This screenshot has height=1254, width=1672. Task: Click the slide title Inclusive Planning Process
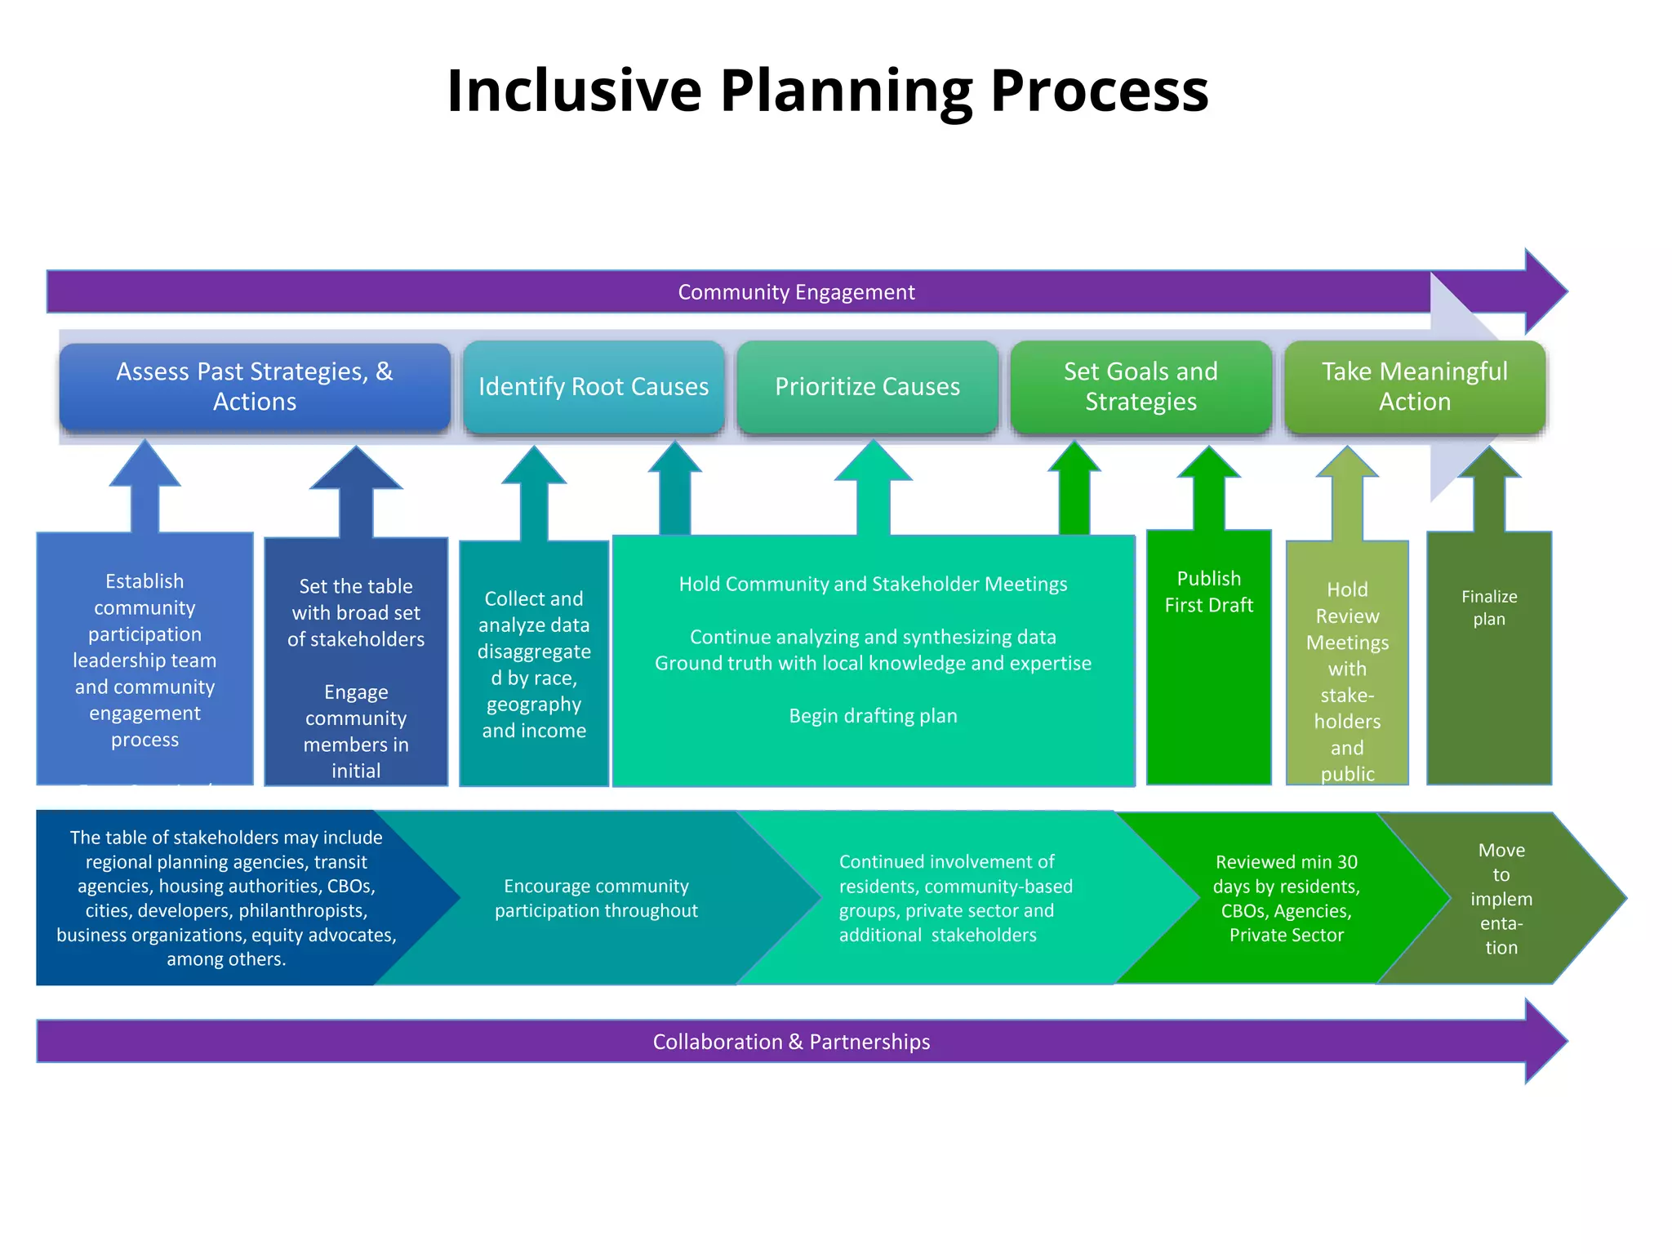point(827,90)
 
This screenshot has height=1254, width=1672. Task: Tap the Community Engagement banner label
point(796,292)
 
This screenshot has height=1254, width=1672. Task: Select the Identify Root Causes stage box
point(594,386)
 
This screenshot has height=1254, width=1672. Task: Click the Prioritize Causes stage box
point(867,386)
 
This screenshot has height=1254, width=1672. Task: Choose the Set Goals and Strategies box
point(1141,386)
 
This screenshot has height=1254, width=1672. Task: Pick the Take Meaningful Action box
point(1415,386)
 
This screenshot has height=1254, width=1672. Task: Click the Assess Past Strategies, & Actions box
point(255,386)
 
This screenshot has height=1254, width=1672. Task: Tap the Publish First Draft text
point(1208,592)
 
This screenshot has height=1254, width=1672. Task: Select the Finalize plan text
point(1489,607)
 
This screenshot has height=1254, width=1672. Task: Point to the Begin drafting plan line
point(873,716)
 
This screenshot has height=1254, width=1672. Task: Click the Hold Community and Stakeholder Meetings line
point(873,584)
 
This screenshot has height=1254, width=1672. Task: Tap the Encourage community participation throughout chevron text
point(596,898)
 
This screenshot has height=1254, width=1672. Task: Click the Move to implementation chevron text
point(1501,898)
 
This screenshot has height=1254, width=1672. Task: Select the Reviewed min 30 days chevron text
point(1286,898)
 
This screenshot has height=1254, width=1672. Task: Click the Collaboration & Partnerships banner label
point(791,1042)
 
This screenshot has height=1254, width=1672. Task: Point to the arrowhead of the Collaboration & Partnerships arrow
point(1547,1042)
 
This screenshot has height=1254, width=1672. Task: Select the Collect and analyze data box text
point(534,664)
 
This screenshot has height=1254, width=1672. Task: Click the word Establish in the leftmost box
point(145,581)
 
